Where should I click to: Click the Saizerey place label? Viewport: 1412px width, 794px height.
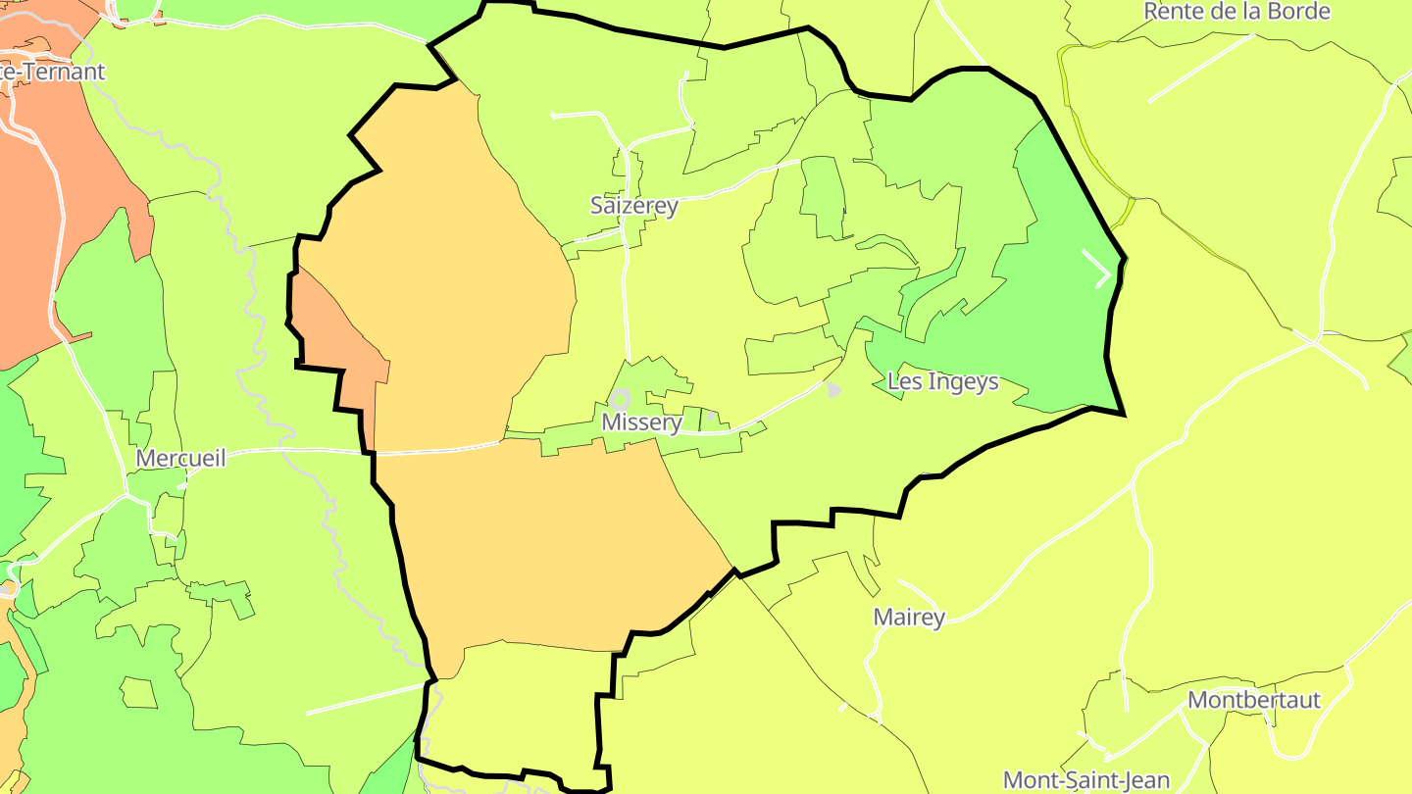coord(633,206)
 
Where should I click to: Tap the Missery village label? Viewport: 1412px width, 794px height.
coord(641,422)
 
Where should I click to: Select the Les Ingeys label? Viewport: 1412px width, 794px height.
coord(942,381)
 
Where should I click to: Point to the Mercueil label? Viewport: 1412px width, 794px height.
coord(180,458)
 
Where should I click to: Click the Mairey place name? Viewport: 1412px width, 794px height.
coord(909,618)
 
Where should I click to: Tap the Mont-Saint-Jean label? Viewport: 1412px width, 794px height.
coord(1086,780)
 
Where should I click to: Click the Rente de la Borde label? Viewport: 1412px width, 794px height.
coord(1237,12)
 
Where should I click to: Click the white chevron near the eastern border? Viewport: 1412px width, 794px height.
coord(1098,269)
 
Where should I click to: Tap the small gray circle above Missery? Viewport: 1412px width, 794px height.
coord(619,399)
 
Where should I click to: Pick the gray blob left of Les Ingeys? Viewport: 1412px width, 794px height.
coord(832,390)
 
